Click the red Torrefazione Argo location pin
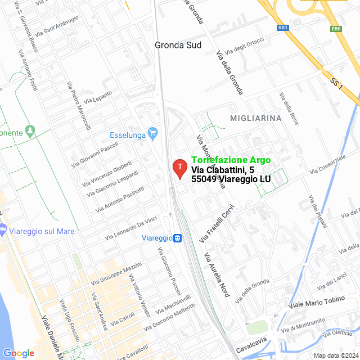click(x=179, y=168)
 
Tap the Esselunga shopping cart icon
click(x=152, y=134)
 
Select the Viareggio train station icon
click(x=177, y=238)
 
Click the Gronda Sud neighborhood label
click(x=178, y=45)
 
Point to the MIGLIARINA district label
click(x=255, y=118)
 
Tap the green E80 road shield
click(x=336, y=28)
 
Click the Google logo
click(x=19, y=353)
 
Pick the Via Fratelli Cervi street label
click(x=217, y=223)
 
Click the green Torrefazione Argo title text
click(x=231, y=160)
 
